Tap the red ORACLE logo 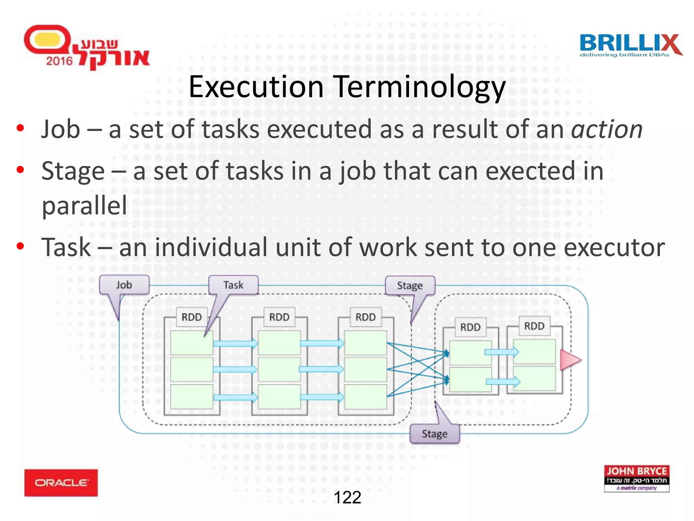click(x=61, y=483)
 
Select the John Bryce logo click(x=636, y=478)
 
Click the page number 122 click(x=347, y=498)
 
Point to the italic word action click(x=607, y=130)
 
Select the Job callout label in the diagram click(x=124, y=285)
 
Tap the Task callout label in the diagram click(x=233, y=285)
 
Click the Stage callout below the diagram click(x=434, y=434)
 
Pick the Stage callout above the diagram click(x=410, y=286)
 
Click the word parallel click(x=84, y=206)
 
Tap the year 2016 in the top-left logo click(x=59, y=61)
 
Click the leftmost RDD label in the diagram click(x=191, y=317)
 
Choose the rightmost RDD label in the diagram click(x=534, y=326)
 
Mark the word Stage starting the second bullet click(x=73, y=171)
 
